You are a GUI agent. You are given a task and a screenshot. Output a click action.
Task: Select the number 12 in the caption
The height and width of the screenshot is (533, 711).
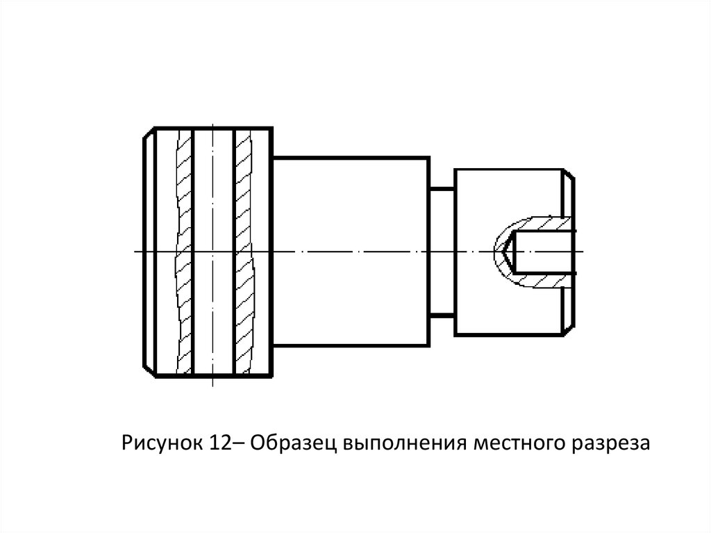(219, 442)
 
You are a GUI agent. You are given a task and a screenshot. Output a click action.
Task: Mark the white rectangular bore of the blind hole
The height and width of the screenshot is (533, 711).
(545, 251)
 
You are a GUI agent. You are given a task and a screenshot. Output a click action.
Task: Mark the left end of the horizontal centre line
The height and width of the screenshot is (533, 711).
(135, 251)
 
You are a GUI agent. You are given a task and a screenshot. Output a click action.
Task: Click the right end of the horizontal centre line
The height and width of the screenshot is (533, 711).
(583, 251)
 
